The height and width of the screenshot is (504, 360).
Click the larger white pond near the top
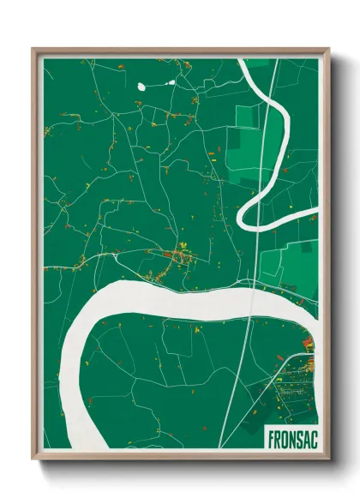point(143,86)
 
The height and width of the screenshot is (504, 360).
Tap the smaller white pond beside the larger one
point(171,82)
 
